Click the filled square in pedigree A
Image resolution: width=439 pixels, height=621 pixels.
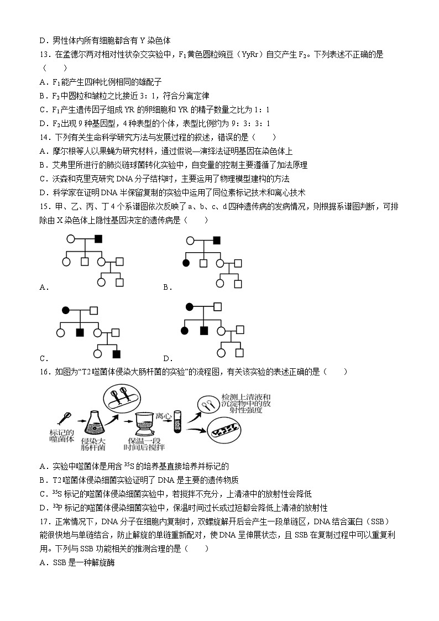98,239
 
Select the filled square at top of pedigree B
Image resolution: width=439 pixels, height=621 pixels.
217,239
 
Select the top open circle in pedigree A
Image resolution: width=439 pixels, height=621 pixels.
71,239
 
